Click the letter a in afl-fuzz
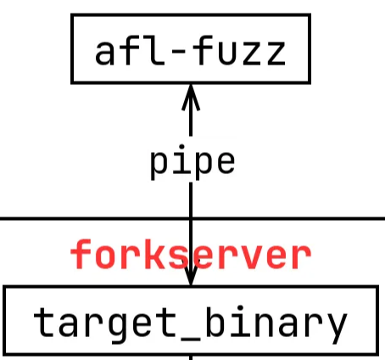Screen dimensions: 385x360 [x=104, y=53]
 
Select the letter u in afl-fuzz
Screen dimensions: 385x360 [x=227, y=53]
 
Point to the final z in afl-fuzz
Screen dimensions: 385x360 [x=276, y=53]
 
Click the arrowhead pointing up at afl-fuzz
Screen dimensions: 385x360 [x=191, y=97]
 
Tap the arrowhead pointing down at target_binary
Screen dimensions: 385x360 [x=191, y=275]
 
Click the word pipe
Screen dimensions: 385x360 [x=192, y=162]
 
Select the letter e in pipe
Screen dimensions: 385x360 [x=226, y=162]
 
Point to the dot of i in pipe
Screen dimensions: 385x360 [x=181, y=147]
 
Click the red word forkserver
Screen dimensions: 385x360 [x=191, y=254]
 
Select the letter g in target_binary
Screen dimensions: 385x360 [x=118, y=328]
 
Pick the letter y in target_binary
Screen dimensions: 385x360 [x=338, y=329]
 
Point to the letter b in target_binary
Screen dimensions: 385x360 [x=215, y=322]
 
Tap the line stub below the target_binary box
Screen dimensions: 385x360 [x=191, y=357]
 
